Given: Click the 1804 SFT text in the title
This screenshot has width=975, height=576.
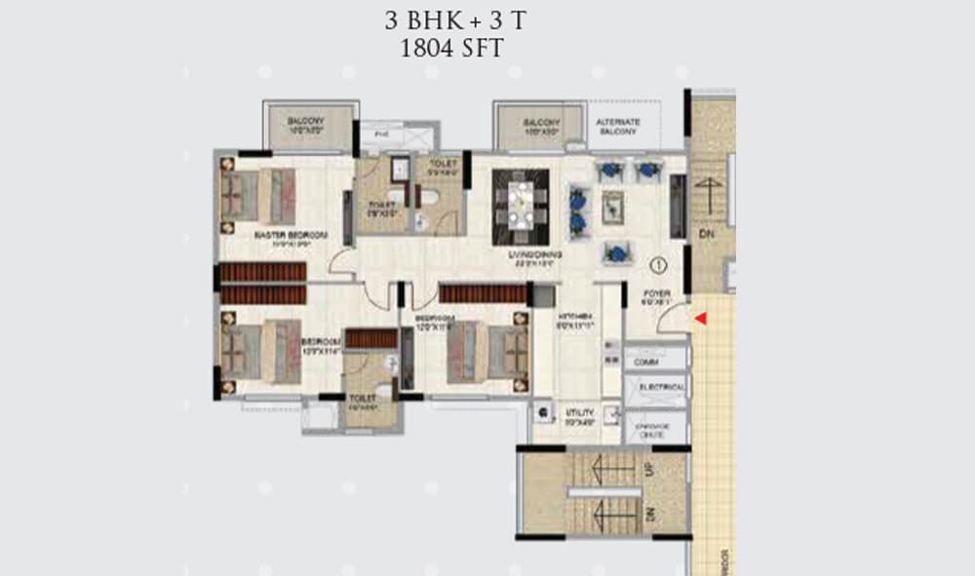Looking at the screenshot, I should (451, 49).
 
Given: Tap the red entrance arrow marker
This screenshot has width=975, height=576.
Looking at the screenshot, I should (698, 319).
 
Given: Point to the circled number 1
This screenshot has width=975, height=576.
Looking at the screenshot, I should (658, 263).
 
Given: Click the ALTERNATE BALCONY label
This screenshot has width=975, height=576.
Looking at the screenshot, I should (617, 126).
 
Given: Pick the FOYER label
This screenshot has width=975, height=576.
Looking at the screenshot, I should (656, 294).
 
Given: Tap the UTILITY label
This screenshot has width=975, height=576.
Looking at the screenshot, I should (580, 414).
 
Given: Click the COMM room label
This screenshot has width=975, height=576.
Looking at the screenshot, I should (645, 362).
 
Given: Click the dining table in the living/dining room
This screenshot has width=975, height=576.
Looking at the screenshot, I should (520, 207).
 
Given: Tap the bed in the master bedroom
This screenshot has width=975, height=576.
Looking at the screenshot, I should (261, 193).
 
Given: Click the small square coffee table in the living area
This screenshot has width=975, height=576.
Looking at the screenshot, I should (613, 207).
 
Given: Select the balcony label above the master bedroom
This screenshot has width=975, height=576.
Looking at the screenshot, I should (306, 123).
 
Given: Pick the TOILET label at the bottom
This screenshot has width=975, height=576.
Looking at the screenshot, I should (363, 399).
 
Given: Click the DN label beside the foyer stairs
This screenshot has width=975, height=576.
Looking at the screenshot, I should (705, 233).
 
